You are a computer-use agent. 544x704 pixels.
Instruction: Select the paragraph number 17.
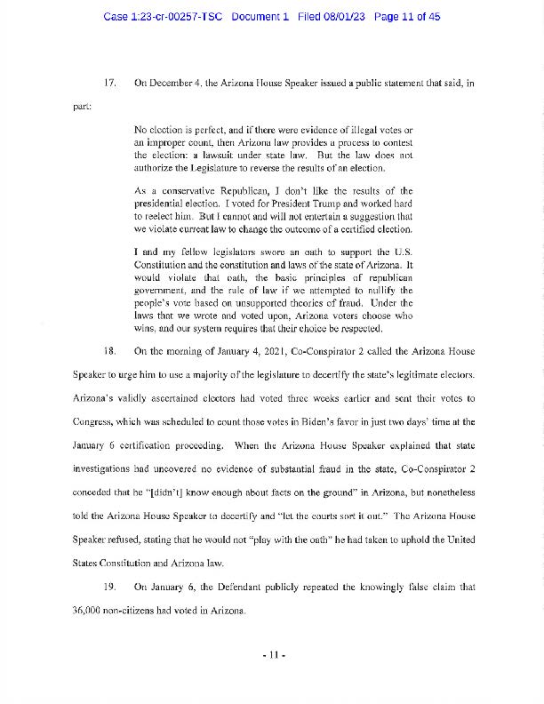111,84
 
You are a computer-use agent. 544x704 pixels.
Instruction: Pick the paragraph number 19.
111,588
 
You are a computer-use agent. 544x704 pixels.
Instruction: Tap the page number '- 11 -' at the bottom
272,656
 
